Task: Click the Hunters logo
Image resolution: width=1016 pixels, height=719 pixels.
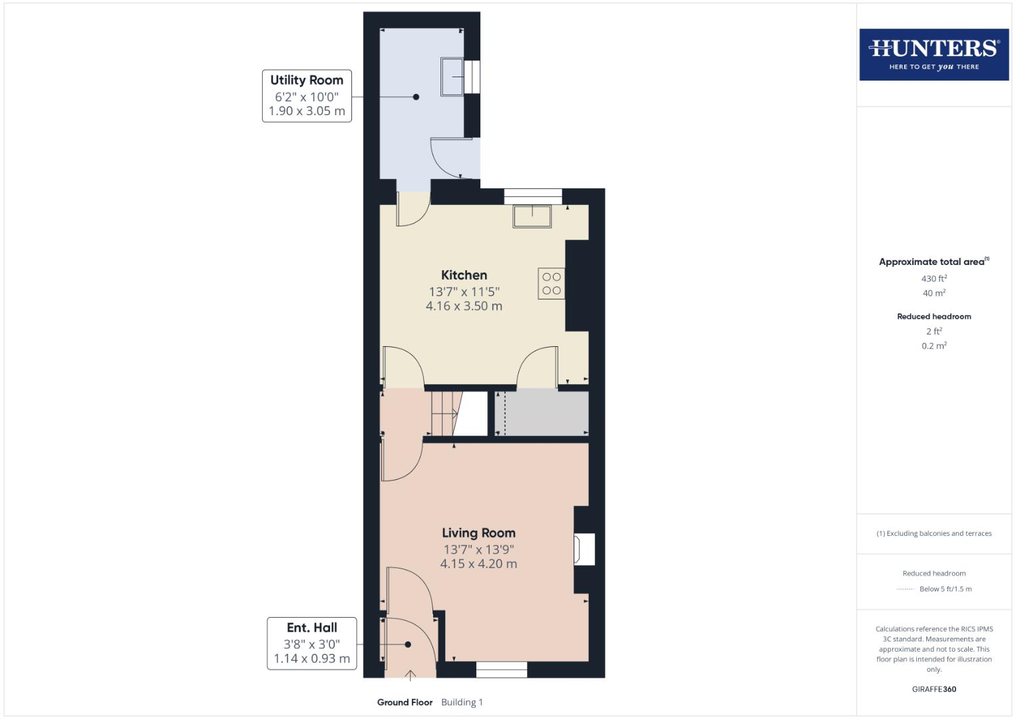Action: (933, 54)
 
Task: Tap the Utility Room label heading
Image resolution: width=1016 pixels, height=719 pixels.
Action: (307, 80)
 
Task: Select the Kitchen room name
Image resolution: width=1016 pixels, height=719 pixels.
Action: (464, 275)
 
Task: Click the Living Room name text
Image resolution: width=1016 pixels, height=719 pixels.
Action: (478, 533)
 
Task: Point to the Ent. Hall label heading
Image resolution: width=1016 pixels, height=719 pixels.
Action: (311, 627)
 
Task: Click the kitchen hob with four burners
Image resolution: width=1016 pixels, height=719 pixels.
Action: (551, 284)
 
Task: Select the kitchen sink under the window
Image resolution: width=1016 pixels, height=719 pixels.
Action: (532, 216)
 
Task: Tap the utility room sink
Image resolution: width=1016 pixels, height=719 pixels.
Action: (452, 77)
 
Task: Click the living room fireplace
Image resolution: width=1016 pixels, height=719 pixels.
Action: (584, 550)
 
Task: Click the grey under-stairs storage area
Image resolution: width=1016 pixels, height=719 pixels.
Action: (541, 413)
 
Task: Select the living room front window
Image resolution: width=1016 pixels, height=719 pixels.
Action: (502, 669)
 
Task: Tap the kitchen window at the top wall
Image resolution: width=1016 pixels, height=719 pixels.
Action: (532, 196)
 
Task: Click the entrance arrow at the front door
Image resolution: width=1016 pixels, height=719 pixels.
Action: (411, 675)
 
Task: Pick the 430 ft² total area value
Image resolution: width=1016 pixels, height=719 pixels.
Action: (933, 278)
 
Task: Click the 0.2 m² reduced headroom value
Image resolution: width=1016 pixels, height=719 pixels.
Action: (933, 346)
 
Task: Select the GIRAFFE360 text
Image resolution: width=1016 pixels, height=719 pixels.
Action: (933, 689)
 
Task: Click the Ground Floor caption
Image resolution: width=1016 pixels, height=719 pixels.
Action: (405, 702)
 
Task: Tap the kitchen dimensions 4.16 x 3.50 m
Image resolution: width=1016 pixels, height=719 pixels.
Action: (464, 306)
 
